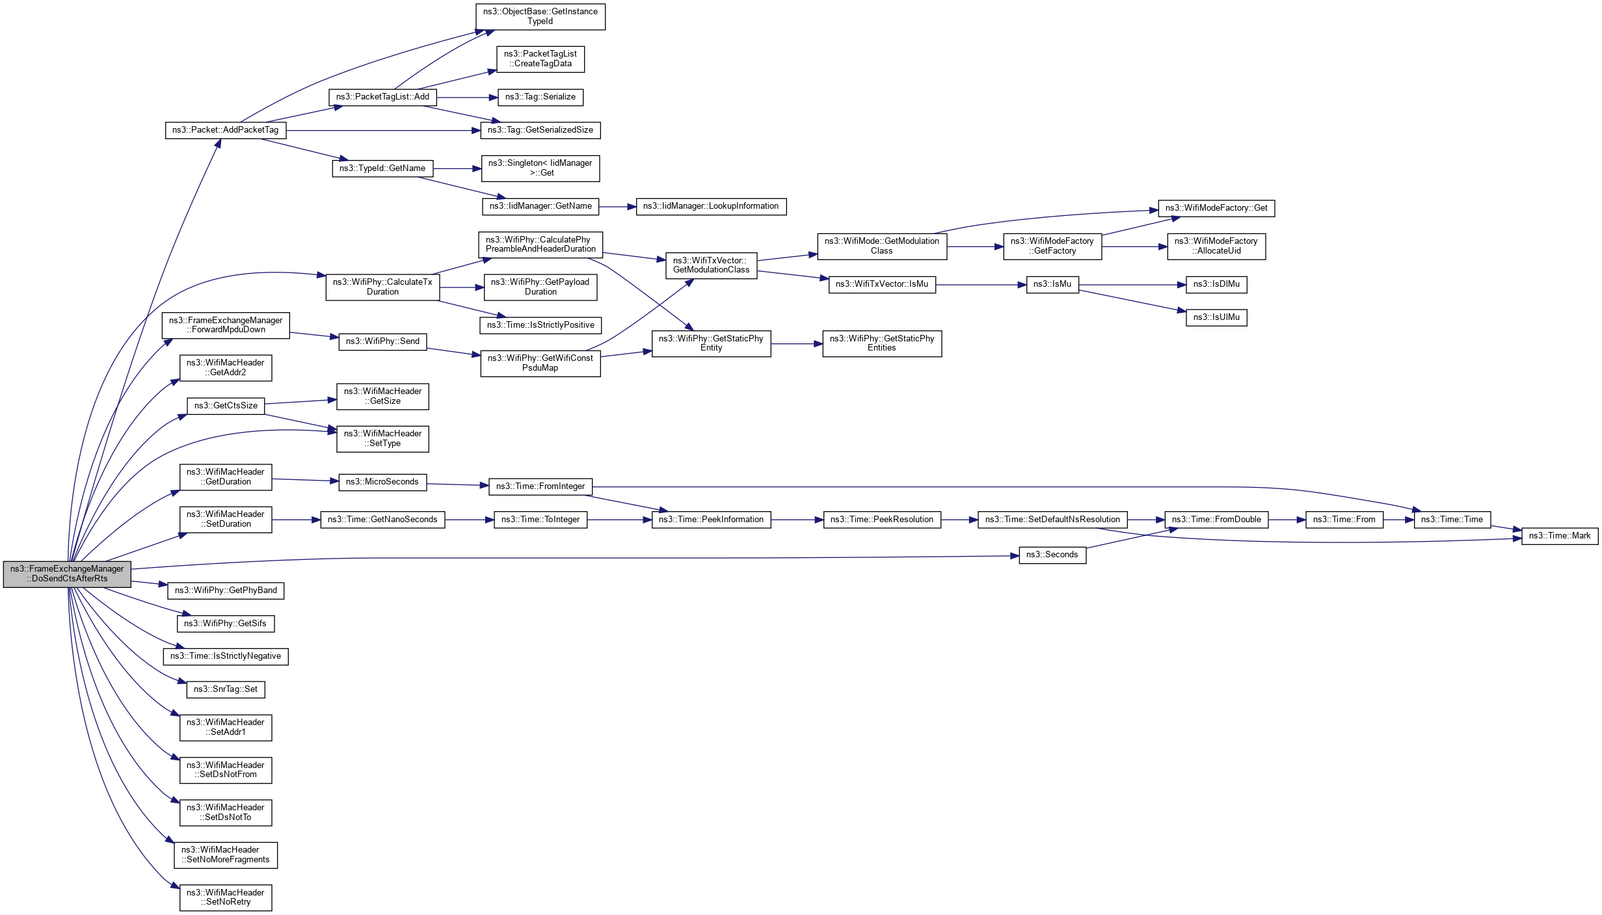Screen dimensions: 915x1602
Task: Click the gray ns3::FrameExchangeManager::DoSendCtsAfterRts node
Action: coord(67,574)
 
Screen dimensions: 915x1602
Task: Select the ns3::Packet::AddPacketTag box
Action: coord(225,130)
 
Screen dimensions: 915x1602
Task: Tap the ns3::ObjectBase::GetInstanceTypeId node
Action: coord(540,16)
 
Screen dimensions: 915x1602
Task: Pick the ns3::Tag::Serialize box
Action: coord(540,97)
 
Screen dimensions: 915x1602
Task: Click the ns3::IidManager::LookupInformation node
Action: coord(710,206)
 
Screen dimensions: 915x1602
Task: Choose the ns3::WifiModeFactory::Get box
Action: coord(1216,208)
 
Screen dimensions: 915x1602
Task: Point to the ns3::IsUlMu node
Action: coord(1216,317)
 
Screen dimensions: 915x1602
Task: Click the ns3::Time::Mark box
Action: coord(1559,536)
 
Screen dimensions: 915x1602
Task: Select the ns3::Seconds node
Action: coord(1052,555)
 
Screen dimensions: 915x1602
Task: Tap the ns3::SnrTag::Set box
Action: coord(225,689)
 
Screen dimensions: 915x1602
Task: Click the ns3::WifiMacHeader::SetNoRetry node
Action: coord(225,897)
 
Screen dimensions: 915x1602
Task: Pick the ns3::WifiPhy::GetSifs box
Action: coord(225,624)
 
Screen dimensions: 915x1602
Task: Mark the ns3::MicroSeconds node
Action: coord(382,482)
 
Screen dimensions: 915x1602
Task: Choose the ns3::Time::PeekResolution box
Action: coord(881,520)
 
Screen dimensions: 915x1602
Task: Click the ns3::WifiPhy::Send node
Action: coord(382,341)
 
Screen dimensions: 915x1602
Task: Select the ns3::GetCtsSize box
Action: coord(225,406)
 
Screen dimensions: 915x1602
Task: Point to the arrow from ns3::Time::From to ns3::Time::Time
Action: coord(1398,520)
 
